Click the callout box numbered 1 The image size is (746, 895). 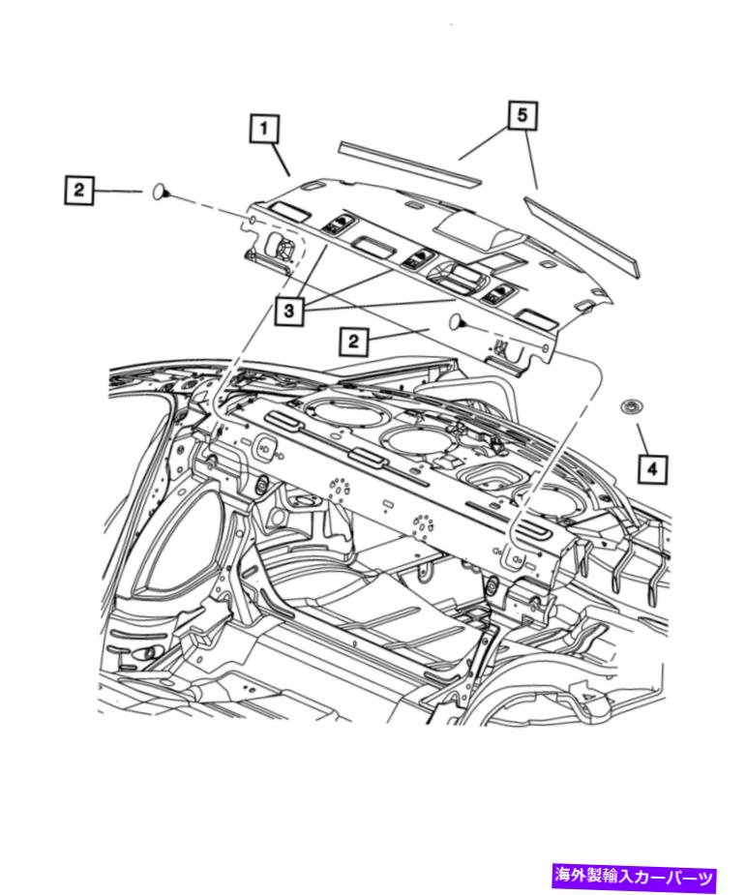264,129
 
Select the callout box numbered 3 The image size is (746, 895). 289,311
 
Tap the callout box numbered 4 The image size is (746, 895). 652,469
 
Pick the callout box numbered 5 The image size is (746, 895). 522,116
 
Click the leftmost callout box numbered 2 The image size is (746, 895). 78,190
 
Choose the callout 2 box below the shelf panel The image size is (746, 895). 354,342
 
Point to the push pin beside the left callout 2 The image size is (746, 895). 161,193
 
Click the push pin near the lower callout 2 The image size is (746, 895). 458,322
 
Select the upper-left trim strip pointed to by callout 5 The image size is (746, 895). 410,164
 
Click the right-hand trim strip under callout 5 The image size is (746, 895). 582,234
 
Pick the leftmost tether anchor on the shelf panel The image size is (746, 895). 338,224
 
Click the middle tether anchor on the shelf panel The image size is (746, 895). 417,259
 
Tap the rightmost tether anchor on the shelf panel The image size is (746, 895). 496,294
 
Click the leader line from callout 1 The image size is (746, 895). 281,160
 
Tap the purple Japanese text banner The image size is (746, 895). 634,877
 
